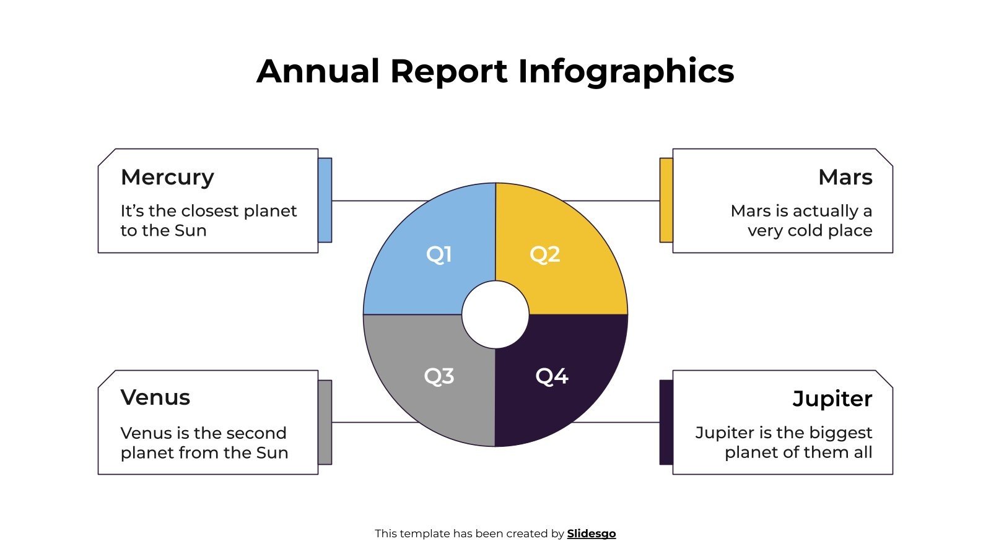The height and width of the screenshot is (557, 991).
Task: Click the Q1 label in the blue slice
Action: pos(439,254)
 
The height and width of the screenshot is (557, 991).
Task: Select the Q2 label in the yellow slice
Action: pos(545,254)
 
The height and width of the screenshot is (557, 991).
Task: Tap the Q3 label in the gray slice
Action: pos(439,376)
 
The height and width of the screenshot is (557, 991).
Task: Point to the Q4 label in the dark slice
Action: pos(552,376)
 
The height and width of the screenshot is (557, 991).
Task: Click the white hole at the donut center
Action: pos(495,314)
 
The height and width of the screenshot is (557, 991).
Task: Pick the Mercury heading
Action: pos(167,177)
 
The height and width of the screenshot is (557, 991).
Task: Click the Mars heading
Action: pos(845,177)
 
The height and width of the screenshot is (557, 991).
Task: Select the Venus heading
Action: pos(155,397)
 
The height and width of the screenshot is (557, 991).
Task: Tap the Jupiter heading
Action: pos(832,399)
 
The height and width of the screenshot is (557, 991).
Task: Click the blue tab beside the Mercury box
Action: pos(325,200)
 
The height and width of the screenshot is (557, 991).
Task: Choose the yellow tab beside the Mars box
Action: pos(666,200)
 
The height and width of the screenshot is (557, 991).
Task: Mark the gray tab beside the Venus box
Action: pos(325,422)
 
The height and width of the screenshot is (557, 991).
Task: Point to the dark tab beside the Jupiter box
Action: pos(666,422)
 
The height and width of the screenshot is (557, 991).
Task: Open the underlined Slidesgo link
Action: pos(592,533)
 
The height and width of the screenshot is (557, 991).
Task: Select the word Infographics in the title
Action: pos(626,72)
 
